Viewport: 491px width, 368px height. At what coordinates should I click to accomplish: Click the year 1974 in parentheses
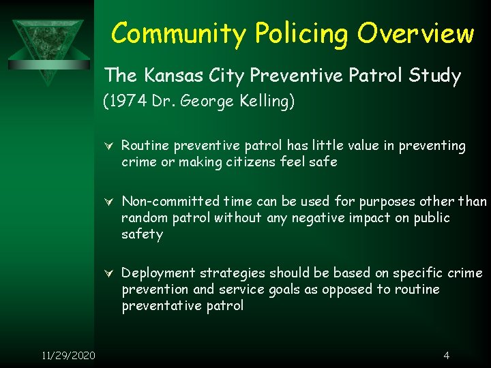126,102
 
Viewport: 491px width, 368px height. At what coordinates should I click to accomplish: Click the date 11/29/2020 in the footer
68,355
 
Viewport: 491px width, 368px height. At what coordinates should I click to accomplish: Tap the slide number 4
446,355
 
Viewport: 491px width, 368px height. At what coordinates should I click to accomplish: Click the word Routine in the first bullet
145,145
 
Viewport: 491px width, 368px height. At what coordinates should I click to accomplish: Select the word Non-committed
161,201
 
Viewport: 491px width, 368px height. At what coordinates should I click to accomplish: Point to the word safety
142,234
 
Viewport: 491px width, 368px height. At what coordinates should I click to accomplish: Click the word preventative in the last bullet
160,306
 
